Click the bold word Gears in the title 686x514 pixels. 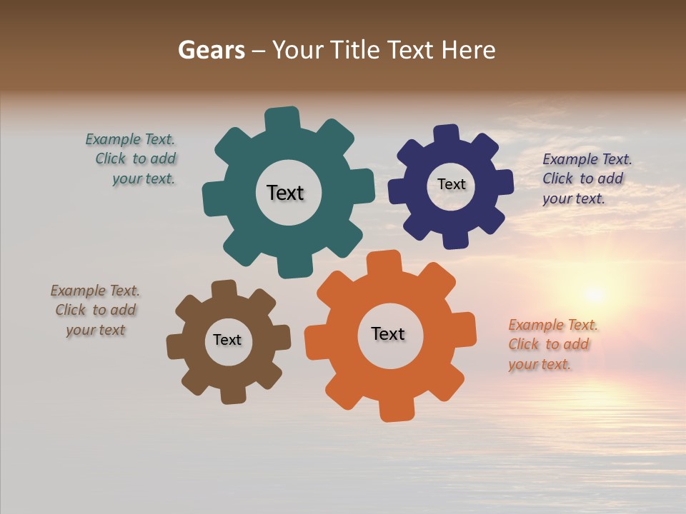click(212, 50)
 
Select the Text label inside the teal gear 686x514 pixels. click(285, 193)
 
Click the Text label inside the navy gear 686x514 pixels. click(451, 184)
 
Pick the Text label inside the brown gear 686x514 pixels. click(227, 340)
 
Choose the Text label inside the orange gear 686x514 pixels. click(388, 333)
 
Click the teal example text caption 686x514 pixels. click(131, 159)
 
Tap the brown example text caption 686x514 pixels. click(95, 311)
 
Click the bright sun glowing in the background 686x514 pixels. click(593, 293)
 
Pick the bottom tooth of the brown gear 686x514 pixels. click(234, 394)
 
